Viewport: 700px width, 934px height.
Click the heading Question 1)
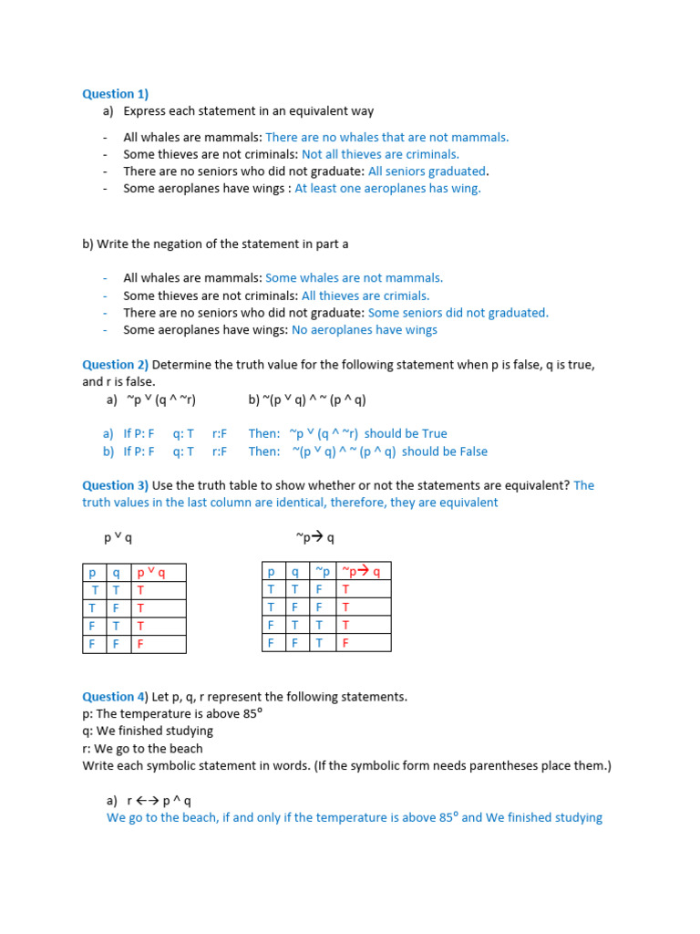click(x=115, y=94)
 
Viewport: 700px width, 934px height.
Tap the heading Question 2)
click(x=115, y=365)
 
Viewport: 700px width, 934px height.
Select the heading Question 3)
click(x=115, y=485)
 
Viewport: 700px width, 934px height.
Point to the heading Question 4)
click(x=115, y=697)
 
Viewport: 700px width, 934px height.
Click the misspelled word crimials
click(x=404, y=296)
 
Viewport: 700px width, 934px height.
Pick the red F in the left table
click(x=140, y=643)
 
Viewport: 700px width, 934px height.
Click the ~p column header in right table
click(x=323, y=571)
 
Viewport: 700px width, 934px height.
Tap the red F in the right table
click(x=345, y=642)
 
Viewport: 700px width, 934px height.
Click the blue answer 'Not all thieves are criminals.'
click(x=380, y=154)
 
